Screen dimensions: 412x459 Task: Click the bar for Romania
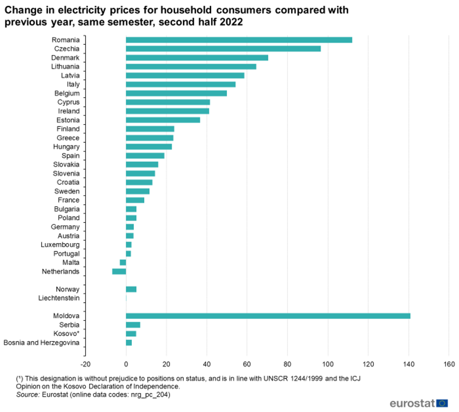click(239, 40)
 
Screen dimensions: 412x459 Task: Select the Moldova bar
click(268, 316)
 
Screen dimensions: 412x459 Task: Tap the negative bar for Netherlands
click(119, 271)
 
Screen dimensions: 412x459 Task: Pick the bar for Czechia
click(223, 49)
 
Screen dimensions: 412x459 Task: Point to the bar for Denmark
click(197, 58)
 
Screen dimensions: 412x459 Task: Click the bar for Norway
click(131, 289)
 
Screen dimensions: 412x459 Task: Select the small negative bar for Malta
click(123, 262)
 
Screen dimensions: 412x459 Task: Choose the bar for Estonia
click(163, 120)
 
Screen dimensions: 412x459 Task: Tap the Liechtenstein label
click(59, 298)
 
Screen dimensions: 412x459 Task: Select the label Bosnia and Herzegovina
click(42, 343)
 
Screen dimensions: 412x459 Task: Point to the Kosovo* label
click(66, 334)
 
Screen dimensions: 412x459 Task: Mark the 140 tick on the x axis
click(408, 364)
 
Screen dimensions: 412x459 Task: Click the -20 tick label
click(85, 364)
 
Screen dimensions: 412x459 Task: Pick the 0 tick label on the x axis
click(126, 364)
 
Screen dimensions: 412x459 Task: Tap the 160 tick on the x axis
click(449, 364)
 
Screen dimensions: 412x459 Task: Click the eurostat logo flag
click(442, 403)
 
